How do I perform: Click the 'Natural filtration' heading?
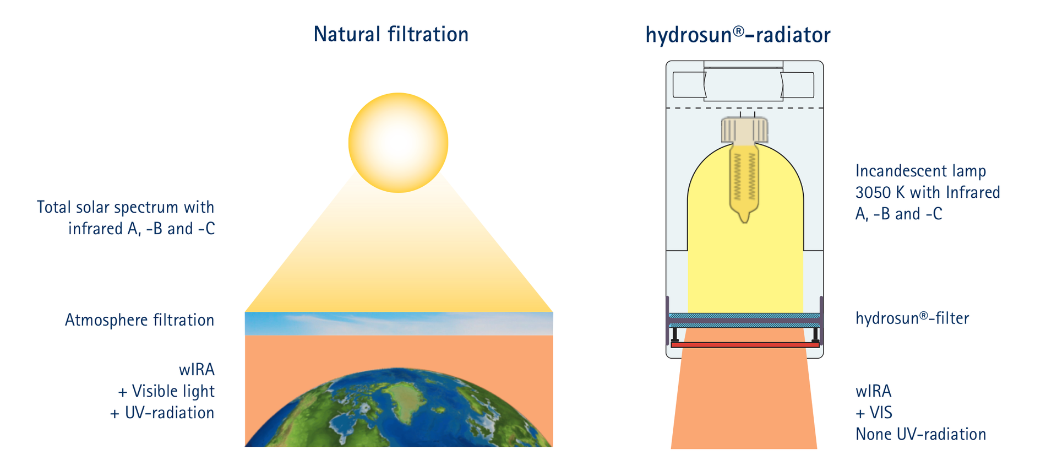391,34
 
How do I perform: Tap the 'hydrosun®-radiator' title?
738,35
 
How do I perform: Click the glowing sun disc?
398,143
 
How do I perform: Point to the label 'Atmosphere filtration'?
139,320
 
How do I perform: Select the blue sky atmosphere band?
399,324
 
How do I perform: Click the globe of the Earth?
399,407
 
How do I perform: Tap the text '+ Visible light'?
166,391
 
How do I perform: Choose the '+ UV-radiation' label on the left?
162,413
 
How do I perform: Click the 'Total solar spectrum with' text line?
126,207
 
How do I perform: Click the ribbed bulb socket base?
744,130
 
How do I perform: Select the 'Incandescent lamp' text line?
920,171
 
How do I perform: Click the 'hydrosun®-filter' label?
912,318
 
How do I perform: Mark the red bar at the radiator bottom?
745,345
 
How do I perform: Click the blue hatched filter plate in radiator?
744,320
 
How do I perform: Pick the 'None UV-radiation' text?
920,434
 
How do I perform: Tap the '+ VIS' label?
874,413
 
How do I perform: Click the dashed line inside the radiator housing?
744,108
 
